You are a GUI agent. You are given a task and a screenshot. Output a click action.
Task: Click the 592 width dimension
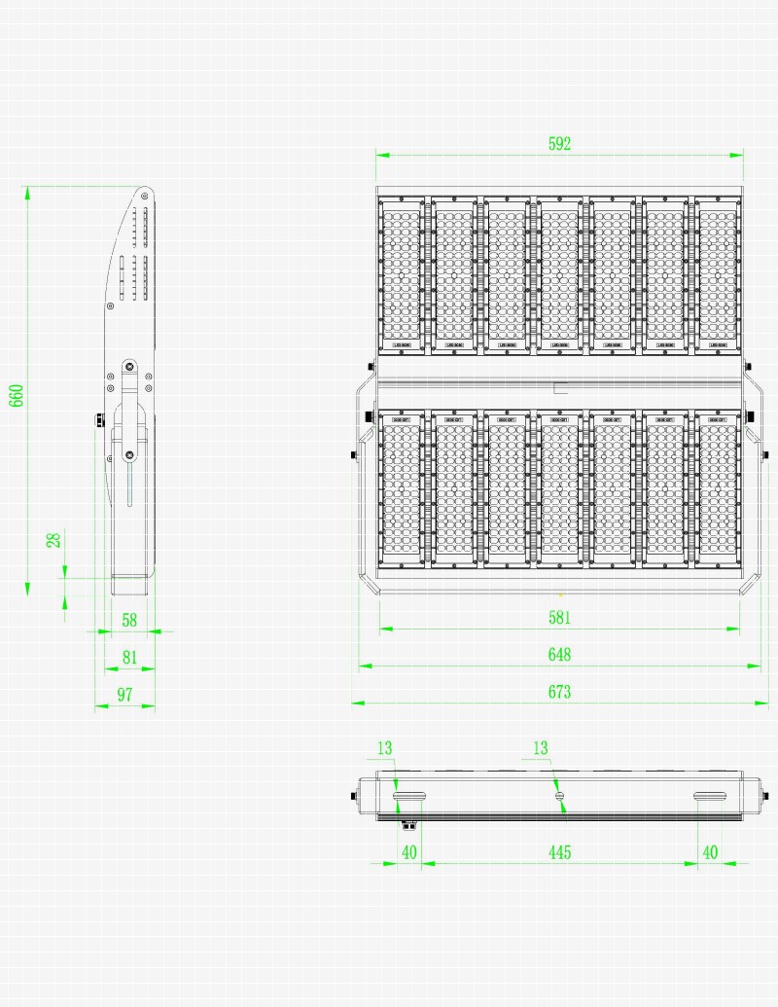click(x=559, y=144)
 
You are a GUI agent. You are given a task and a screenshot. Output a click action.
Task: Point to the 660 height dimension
click(x=17, y=395)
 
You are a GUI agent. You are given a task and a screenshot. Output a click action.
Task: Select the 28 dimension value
click(x=55, y=538)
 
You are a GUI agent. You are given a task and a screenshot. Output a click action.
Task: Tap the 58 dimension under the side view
click(x=129, y=619)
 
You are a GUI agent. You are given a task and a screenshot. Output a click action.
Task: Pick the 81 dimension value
click(x=129, y=657)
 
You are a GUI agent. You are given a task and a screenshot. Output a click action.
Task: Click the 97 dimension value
click(x=124, y=694)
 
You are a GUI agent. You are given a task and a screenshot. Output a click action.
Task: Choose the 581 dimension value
click(x=559, y=617)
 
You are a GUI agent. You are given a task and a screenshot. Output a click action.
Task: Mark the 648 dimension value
click(x=559, y=655)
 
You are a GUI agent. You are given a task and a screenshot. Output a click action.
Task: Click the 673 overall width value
click(x=559, y=692)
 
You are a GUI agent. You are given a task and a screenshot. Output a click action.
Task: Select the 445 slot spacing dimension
click(x=559, y=852)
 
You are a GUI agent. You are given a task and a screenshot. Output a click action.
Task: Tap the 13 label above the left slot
click(x=384, y=748)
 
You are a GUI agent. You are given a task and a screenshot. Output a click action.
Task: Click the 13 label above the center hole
click(x=541, y=748)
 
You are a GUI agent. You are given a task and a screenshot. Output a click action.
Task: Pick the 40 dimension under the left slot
click(x=409, y=852)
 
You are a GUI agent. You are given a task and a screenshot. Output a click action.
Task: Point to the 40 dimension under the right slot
click(x=710, y=852)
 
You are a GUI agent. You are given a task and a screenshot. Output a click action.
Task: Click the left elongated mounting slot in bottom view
click(x=409, y=798)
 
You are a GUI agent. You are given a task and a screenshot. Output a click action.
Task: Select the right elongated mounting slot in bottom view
click(x=710, y=798)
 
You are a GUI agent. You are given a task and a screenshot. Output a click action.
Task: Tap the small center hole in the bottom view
click(x=559, y=797)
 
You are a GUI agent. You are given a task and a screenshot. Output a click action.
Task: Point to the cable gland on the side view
click(x=98, y=419)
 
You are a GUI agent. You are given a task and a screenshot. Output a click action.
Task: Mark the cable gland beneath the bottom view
click(x=409, y=825)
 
